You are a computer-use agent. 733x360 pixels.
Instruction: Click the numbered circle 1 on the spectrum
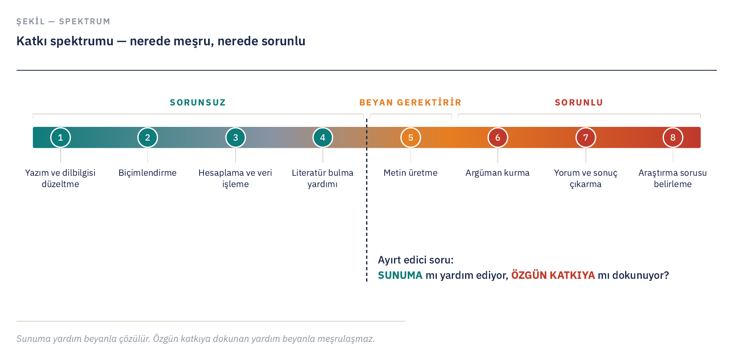61,137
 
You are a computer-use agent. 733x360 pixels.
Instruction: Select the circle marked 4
322,137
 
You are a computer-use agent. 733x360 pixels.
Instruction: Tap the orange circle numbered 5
411,137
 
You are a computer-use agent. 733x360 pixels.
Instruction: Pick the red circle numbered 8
673,137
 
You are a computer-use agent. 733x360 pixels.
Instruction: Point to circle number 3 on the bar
236,137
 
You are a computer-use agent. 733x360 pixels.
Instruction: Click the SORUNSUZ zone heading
198,103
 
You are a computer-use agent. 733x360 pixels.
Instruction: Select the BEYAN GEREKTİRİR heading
410,102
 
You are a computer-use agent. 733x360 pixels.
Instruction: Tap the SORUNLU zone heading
579,103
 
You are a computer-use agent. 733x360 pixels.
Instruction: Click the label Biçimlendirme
147,173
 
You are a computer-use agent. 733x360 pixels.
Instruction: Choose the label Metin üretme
411,173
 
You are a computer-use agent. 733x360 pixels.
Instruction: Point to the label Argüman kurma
497,173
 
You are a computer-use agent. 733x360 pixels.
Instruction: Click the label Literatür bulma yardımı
322,179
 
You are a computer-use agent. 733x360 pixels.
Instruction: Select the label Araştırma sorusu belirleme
673,179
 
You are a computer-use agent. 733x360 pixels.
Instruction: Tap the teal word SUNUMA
400,275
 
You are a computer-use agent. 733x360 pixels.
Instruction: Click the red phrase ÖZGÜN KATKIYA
553,275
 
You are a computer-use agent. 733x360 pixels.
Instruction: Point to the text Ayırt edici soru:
416,260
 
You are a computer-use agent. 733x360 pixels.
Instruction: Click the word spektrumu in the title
82,41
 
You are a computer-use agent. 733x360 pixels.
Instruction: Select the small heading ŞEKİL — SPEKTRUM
63,21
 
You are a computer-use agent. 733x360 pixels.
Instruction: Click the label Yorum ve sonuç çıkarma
586,179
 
